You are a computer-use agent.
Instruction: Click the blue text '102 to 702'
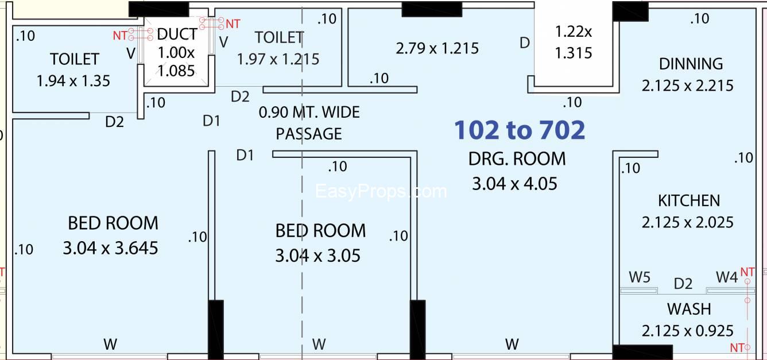(520, 130)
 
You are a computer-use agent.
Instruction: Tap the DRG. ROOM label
(517, 159)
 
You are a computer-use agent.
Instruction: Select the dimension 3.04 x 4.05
(514, 184)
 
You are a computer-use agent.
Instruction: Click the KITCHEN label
(689, 201)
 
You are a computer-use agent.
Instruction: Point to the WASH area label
(689, 309)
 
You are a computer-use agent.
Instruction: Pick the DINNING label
(691, 64)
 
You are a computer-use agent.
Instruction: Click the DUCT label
(177, 34)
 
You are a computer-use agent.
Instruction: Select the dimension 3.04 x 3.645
(110, 248)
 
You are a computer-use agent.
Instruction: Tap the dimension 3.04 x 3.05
(317, 256)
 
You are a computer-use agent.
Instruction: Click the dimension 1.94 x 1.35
(73, 81)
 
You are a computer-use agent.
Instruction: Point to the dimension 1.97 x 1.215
(278, 59)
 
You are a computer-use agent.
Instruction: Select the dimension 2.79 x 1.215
(437, 48)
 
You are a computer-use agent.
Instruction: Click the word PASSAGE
(309, 134)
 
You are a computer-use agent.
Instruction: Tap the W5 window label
(640, 277)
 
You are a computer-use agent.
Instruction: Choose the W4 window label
(727, 277)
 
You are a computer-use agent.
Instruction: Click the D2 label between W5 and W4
(683, 284)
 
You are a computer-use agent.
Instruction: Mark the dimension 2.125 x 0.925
(688, 331)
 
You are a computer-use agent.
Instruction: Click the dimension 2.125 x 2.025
(688, 223)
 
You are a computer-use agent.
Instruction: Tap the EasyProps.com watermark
(381, 191)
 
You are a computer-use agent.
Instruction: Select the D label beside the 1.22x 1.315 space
(525, 43)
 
